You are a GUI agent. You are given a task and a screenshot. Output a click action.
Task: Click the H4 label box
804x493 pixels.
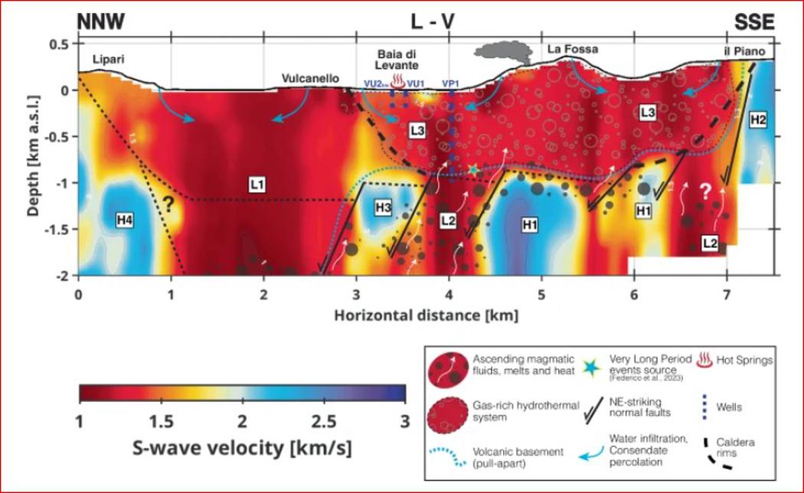pyautogui.click(x=125, y=220)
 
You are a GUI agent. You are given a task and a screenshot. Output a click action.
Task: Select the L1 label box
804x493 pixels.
pyautogui.click(x=257, y=184)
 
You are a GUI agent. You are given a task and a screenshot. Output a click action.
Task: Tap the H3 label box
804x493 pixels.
pyautogui.click(x=384, y=207)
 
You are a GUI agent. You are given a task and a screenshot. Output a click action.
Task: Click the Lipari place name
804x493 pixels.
pyautogui.click(x=108, y=60)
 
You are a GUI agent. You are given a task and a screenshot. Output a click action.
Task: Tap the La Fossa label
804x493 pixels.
pyautogui.click(x=572, y=49)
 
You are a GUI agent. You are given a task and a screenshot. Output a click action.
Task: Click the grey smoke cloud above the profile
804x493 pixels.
pyautogui.click(x=502, y=53)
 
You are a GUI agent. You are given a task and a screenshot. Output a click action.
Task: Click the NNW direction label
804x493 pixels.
pyautogui.click(x=100, y=21)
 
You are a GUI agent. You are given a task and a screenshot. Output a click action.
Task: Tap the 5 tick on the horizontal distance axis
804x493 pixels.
pyautogui.click(x=541, y=295)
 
